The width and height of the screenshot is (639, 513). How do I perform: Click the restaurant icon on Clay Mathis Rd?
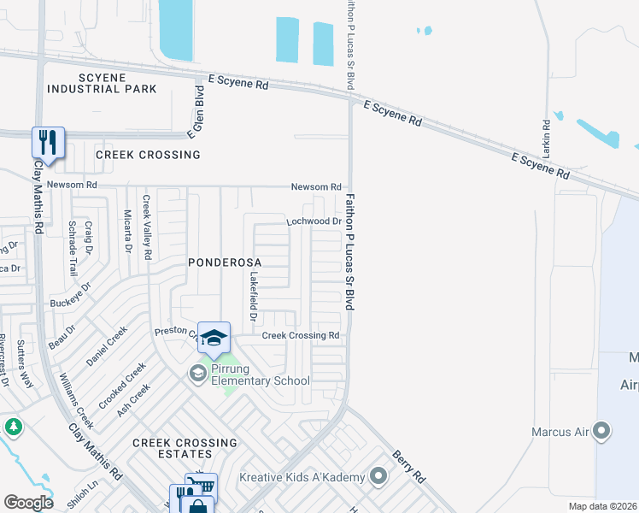click(x=48, y=143)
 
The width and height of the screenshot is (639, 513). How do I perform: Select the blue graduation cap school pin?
click(x=214, y=337)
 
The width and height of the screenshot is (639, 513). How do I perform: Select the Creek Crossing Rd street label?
click(x=301, y=336)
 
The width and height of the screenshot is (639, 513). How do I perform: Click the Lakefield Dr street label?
click(x=254, y=297)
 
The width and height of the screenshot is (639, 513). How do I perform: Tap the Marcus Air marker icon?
click(x=603, y=433)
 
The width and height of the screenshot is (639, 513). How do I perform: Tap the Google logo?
click(x=27, y=502)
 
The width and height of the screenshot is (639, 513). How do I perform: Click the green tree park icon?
click(x=13, y=426)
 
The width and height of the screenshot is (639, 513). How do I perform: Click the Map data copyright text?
click(x=603, y=506)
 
